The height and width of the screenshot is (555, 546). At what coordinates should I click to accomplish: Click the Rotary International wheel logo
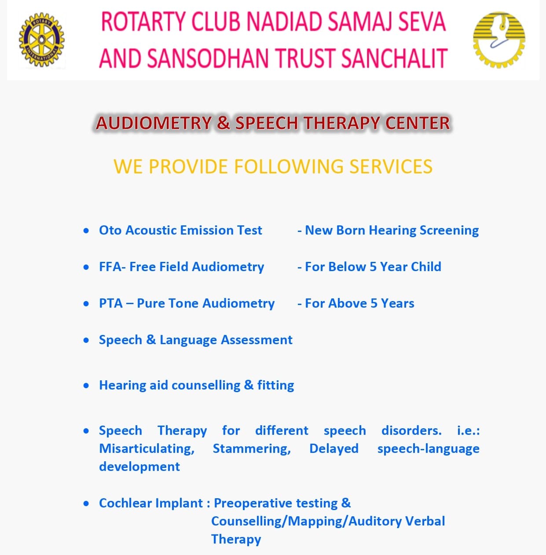(x=42, y=40)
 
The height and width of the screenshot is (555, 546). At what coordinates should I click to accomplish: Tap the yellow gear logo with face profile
(x=499, y=40)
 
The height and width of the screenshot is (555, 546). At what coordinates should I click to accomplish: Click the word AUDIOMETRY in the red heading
(x=154, y=123)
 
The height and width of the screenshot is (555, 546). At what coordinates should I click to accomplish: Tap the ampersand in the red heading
(x=224, y=123)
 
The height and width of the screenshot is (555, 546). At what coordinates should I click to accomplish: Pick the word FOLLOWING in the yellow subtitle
(x=289, y=166)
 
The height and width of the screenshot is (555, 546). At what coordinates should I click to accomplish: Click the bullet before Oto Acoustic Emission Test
(x=86, y=231)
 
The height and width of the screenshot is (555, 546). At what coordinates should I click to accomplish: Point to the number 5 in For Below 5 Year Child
(x=373, y=267)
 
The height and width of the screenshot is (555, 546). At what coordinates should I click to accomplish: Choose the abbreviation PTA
(x=110, y=303)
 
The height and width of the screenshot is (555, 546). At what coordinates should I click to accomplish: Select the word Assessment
(x=257, y=340)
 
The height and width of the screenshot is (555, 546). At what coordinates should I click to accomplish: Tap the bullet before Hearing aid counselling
(x=86, y=386)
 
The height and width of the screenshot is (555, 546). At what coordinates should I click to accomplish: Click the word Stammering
(x=252, y=449)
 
